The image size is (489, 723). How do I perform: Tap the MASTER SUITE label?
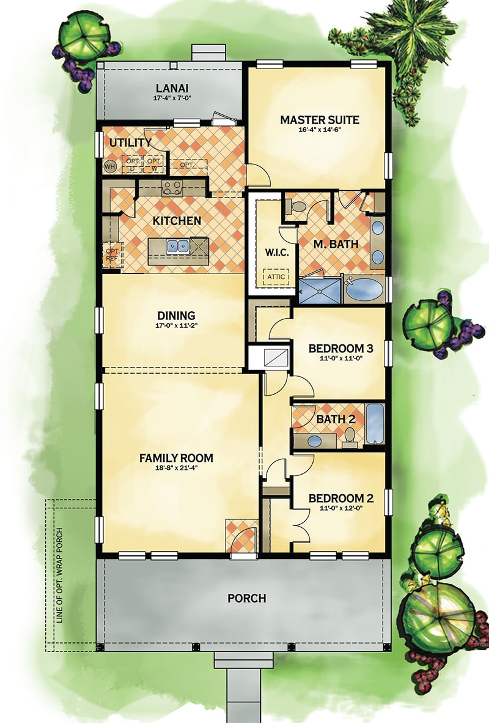coord(319,119)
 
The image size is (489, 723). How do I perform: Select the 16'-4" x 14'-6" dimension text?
coord(319,131)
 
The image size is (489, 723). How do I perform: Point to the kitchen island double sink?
coord(178,246)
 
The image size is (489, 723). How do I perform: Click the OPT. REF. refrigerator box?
coord(112,255)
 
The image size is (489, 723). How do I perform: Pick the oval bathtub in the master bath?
coord(365,290)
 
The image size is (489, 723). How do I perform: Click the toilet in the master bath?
coord(298,207)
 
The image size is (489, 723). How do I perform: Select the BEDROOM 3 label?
coord(340,349)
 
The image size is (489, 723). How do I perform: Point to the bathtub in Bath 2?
coord(374,423)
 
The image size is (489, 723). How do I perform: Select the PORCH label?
coord(246,598)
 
